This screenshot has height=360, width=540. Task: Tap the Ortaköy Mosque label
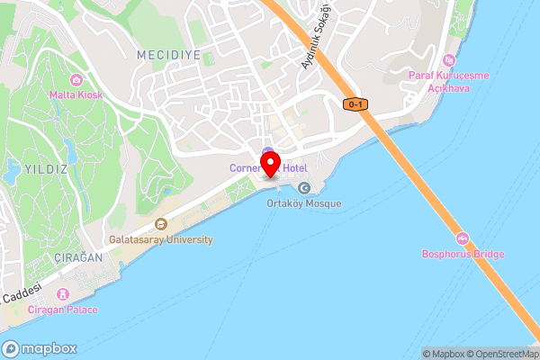coord(304,203)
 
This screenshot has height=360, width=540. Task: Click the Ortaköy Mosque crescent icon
coord(304,188)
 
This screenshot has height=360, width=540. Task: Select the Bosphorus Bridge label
coord(463,254)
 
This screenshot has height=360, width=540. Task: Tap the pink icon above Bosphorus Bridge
coord(463,238)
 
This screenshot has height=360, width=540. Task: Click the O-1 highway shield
coord(355,104)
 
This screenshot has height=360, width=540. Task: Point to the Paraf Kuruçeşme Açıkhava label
coord(448,81)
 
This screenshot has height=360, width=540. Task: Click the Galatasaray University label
coord(161,240)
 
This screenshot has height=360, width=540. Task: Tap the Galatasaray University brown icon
coord(161,225)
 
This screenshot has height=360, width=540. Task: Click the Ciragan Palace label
coord(64,310)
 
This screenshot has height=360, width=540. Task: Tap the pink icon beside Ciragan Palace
coord(64,294)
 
